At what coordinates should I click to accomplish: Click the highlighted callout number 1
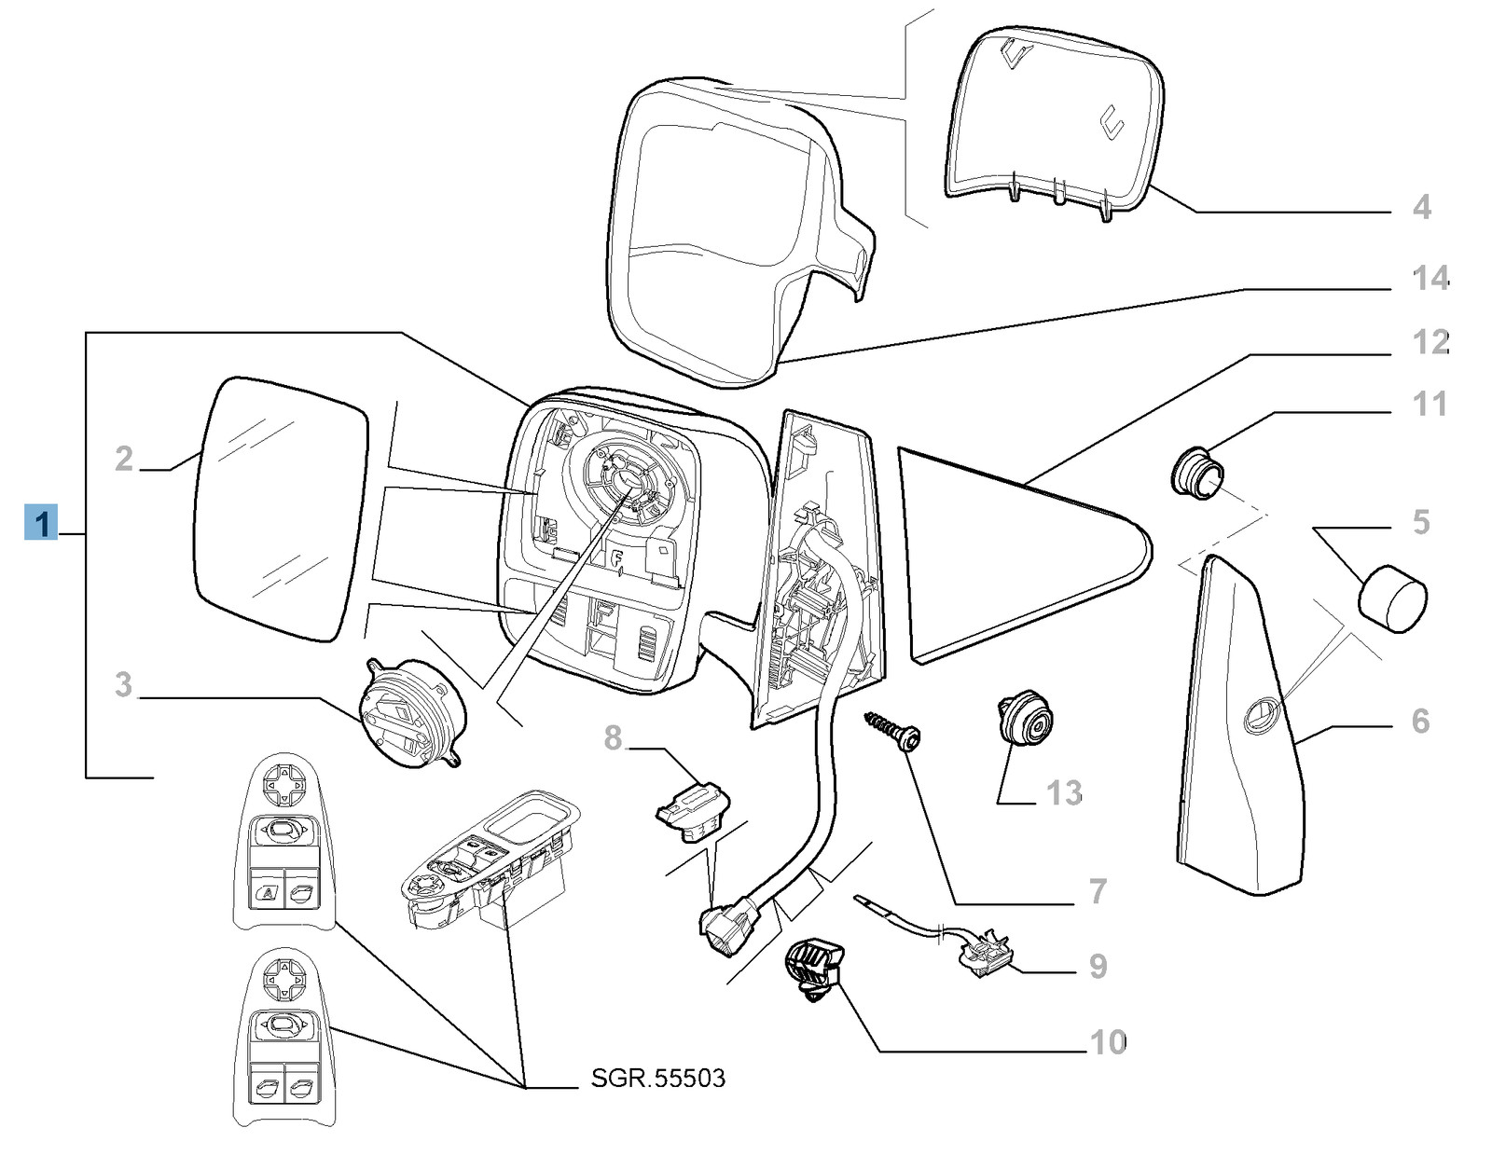click(x=42, y=522)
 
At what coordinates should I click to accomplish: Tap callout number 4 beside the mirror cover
click(x=1421, y=206)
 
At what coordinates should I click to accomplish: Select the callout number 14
click(x=1430, y=278)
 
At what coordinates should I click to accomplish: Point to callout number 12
click(x=1430, y=342)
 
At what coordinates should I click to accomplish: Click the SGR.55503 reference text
click(x=657, y=1079)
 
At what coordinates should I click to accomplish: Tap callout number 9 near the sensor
click(x=1098, y=967)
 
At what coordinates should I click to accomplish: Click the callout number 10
click(x=1108, y=1041)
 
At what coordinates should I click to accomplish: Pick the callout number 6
click(x=1420, y=721)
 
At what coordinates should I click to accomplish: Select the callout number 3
click(x=124, y=685)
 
